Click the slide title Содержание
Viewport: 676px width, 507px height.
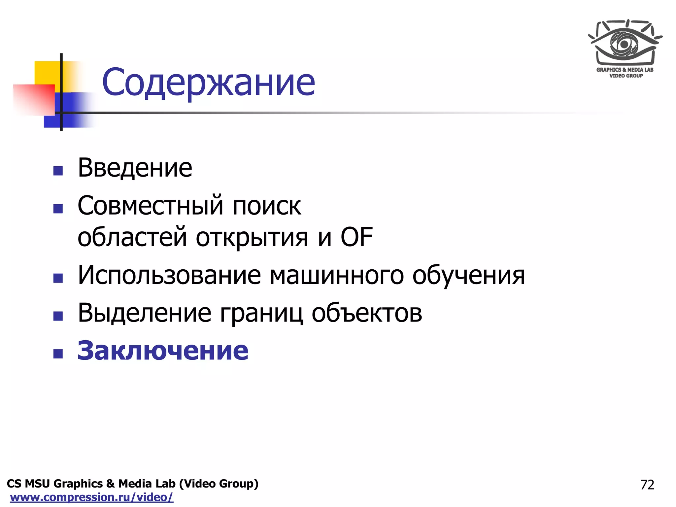[x=209, y=83]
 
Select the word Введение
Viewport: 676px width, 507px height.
[x=135, y=168]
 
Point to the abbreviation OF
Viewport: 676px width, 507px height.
[x=356, y=237]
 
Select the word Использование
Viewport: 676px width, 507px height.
[x=169, y=275]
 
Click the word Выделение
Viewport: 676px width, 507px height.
[x=145, y=313]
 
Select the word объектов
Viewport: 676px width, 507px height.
[x=367, y=313]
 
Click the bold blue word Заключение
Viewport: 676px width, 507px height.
[x=163, y=351]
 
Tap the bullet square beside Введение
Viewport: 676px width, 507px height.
[x=58, y=171]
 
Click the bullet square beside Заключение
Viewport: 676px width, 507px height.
[x=58, y=354]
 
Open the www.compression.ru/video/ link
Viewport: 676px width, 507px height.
[x=92, y=497]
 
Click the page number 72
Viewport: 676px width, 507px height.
[x=647, y=485]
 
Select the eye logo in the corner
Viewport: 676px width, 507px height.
[x=625, y=43]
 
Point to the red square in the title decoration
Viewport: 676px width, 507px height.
[x=34, y=100]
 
